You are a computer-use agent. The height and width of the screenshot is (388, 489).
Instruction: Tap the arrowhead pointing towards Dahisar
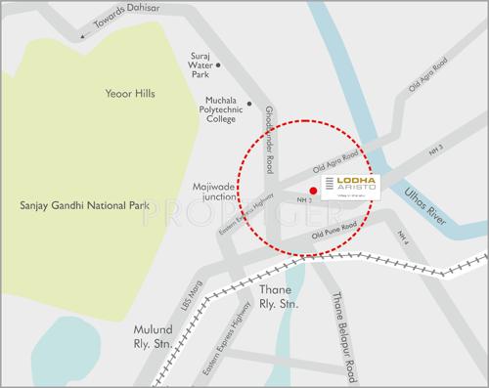tap(83, 35)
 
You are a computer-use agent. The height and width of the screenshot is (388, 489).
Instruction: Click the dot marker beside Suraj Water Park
tap(218, 65)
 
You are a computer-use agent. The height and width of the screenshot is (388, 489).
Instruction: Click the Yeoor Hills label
tap(130, 94)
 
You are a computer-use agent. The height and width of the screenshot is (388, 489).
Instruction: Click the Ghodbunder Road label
tap(269, 146)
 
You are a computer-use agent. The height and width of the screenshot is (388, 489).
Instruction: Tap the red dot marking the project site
tap(313, 190)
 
